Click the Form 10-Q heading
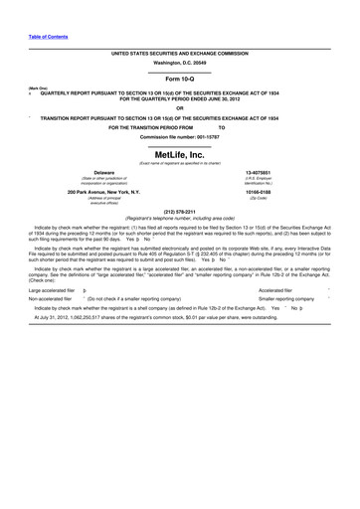tap(180, 78)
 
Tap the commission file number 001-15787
tap(180, 136)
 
